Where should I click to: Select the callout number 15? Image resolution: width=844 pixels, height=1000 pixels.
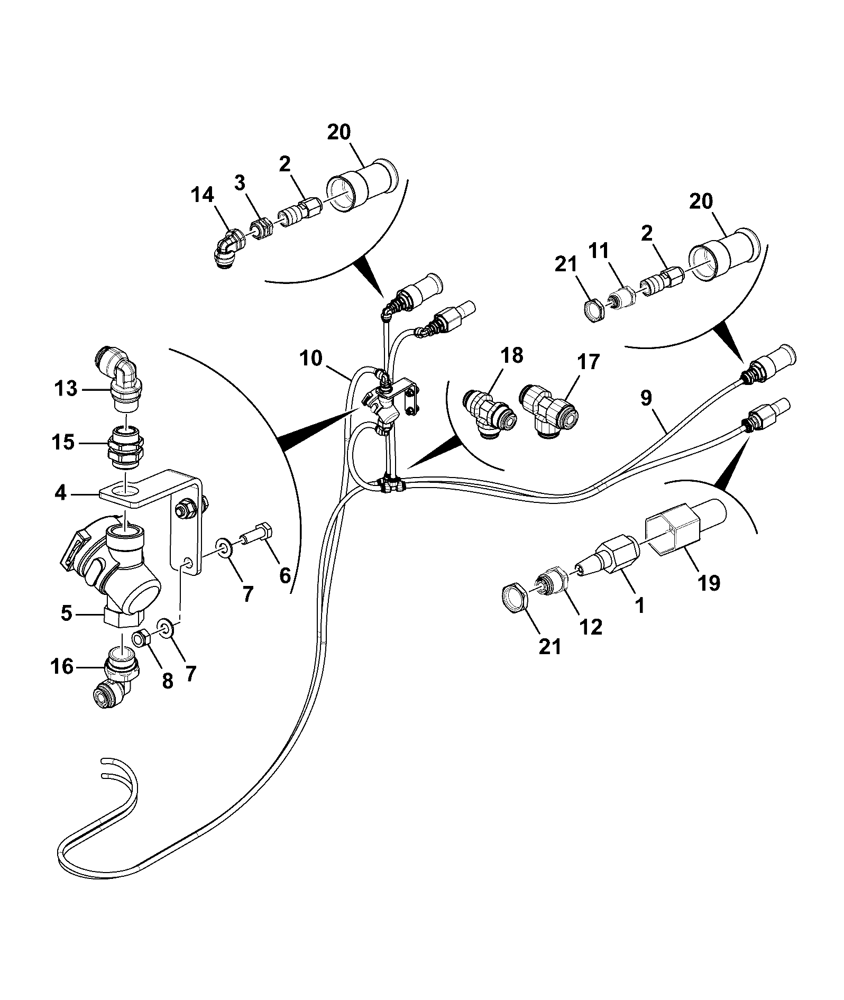pos(63,442)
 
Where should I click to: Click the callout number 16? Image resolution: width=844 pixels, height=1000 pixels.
pos(62,667)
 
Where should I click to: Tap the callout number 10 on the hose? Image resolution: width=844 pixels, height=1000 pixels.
pos(310,358)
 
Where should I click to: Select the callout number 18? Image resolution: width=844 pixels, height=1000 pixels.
pos(510,355)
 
